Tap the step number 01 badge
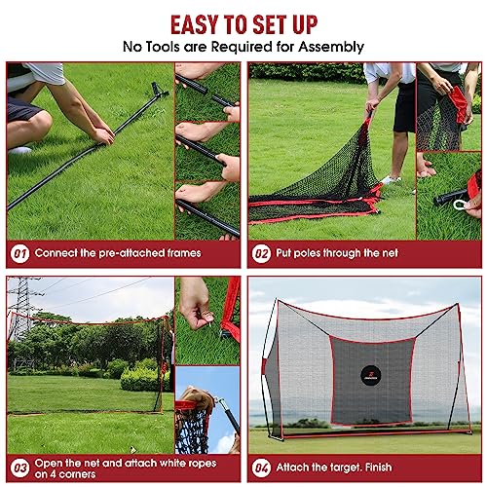[19, 252]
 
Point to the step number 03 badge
[19, 466]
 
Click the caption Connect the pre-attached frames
[118, 252]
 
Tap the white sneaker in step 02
[391, 179]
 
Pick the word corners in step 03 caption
[89, 474]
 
